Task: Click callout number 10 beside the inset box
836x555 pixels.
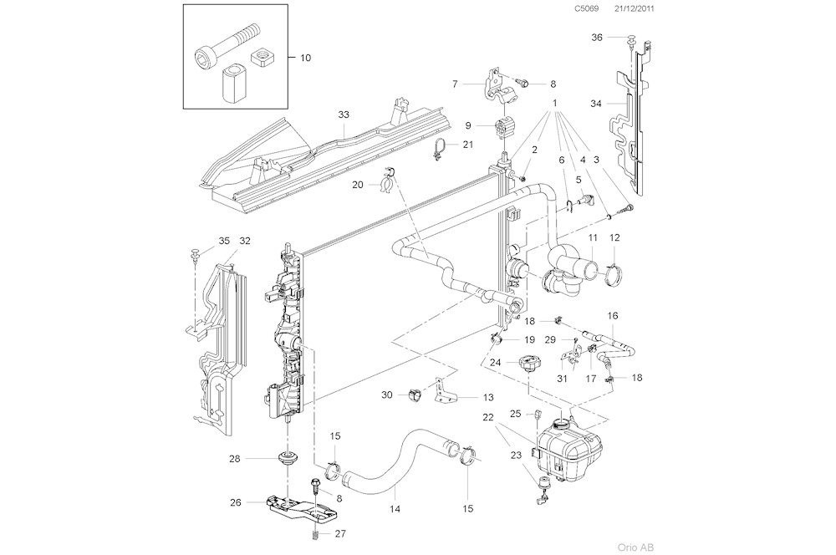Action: point(304,58)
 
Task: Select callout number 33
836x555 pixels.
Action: point(344,114)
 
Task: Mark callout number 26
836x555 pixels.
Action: point(235,502)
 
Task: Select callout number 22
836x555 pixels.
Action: point(510,416)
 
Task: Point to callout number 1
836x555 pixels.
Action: point(553,103)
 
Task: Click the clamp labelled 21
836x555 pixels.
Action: point(438,150)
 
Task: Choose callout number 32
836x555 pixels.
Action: point(245,241)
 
